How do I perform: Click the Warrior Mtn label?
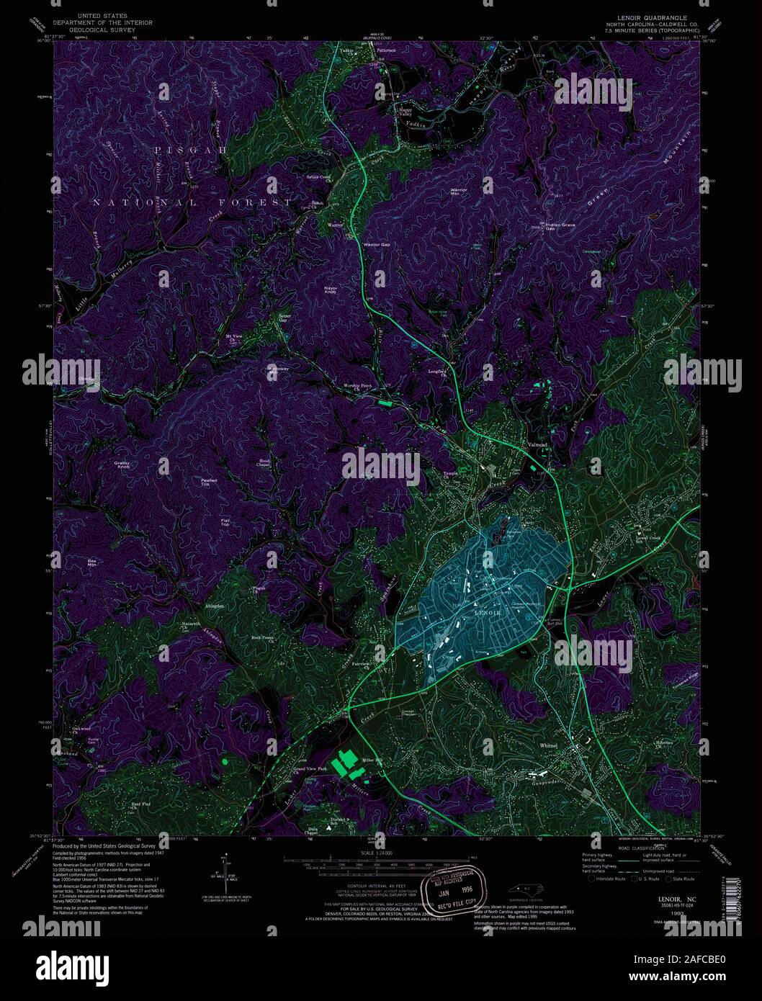[459, 192]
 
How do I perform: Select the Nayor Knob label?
[331, 289]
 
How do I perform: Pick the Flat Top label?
[225, 522]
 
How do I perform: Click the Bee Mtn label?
[91, 562]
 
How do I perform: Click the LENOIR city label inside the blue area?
[488, 612]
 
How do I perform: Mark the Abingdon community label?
[214, 606]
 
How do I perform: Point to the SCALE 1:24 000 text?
[376, 854]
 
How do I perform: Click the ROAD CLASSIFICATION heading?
[619, 848]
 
